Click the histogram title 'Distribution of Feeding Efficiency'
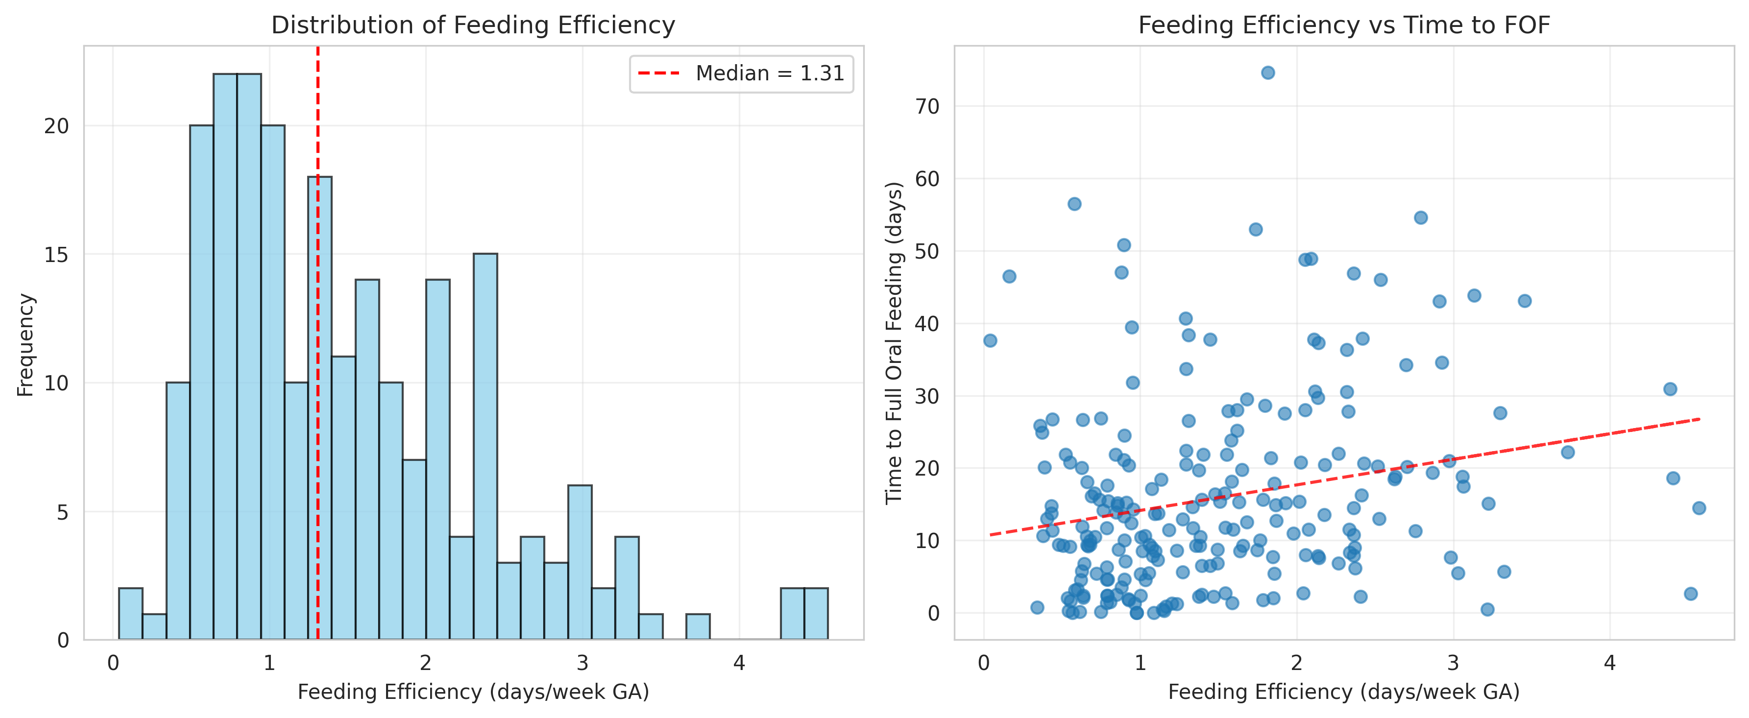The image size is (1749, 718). [x=473, y=25]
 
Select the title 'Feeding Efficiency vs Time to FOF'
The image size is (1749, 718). [x=1344, y=25]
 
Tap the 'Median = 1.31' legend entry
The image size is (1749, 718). [x=741, y=73]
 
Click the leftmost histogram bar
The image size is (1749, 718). [x=130, y=614]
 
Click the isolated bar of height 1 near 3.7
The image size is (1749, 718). [x=697, y=626]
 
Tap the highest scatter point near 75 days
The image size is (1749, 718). [x=1267, y=72]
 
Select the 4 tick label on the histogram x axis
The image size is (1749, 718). [x=739, y=662]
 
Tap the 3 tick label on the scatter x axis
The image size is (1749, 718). [x=1453, y=662]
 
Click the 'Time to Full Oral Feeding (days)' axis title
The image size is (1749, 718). [x=894, y=343]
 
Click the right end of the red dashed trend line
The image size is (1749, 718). [x=1698, y=419]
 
